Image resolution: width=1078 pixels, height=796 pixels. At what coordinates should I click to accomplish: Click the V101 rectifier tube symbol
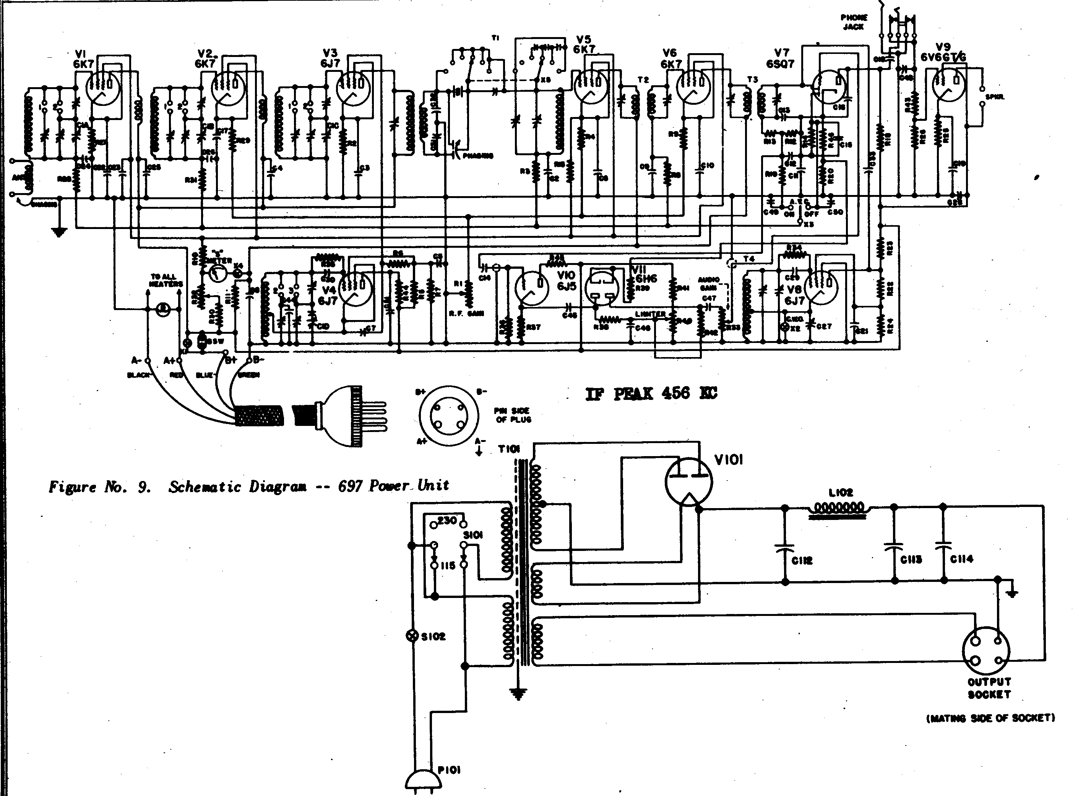coord(689,481)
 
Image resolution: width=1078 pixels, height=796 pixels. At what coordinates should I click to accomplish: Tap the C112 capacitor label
coord(802,561)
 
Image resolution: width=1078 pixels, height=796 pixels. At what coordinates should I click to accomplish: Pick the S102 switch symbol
coord(412,636)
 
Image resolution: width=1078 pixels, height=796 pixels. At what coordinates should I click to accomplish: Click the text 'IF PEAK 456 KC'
coord(651,394)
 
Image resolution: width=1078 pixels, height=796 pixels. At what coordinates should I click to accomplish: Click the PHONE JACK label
coord(854,22)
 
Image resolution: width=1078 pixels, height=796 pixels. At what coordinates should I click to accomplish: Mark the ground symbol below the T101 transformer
coord(519,694)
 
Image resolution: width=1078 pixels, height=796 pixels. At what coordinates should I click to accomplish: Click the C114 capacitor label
coord(961,559)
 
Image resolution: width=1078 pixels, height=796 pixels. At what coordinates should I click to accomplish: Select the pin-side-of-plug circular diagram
coord(448,416)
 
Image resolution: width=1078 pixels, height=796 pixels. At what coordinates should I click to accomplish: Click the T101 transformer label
coord(509,450)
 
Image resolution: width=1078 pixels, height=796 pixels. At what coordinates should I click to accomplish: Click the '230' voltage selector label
coord(447,520)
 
